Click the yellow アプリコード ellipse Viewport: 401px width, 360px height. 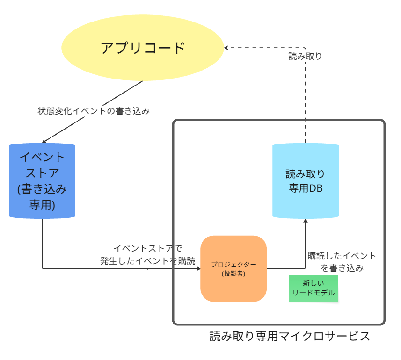point(143,48)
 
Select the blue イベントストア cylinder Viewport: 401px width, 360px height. point(42,181)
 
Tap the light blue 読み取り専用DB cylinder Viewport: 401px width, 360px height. point(305,181)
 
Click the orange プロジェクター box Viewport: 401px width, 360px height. point(233,269)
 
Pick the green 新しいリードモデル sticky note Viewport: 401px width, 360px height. point(314,288)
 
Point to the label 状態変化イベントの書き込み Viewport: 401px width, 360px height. point(94,111)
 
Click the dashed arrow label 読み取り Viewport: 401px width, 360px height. point(305,56)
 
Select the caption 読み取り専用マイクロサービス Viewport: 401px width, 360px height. point(290,336)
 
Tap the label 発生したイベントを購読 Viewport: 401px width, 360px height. point(148,261)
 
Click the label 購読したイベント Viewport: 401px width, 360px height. point(342,256)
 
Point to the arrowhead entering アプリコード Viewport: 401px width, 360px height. point(226,48)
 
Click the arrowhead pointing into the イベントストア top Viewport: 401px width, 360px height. point(44,142)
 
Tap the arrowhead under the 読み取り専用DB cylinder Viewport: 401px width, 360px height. point(306,220)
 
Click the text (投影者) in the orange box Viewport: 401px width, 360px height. point(233,274)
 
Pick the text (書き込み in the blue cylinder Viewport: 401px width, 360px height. point(42,189)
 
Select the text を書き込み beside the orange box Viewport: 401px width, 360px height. point(342,268)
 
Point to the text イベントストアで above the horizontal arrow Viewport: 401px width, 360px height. point(148,248)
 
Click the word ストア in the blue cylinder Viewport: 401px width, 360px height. point(42,173)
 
